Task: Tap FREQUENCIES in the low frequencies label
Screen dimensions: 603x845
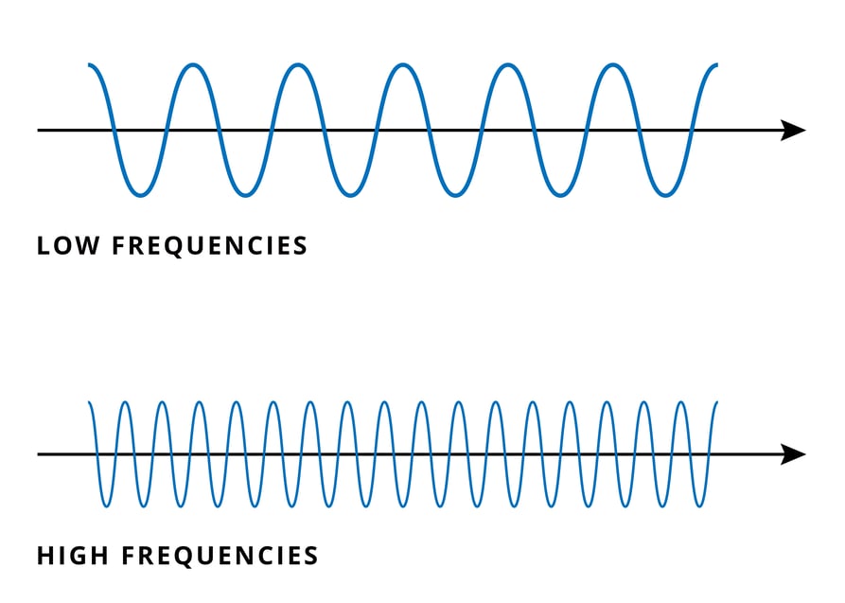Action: point(210,246)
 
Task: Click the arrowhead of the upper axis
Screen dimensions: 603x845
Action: point(793,130)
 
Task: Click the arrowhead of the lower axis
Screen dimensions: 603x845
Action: point(793,454)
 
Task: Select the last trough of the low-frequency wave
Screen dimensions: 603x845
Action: point(665,195)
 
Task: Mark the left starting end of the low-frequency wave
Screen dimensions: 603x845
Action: point(90,65)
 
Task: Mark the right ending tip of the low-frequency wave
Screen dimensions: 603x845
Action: point(716,65)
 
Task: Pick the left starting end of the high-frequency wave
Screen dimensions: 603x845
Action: point(90,403)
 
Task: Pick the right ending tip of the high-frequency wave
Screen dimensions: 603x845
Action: point(716,403)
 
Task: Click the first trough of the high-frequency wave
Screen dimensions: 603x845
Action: point(106,505)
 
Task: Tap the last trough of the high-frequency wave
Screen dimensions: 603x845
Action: point(699,505)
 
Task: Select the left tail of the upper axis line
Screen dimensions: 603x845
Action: point(40,130)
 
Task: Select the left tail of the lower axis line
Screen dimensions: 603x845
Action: point(40,454)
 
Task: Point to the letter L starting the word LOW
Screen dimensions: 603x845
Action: point(44,246)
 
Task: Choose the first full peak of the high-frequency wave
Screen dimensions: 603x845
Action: point(125,403)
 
